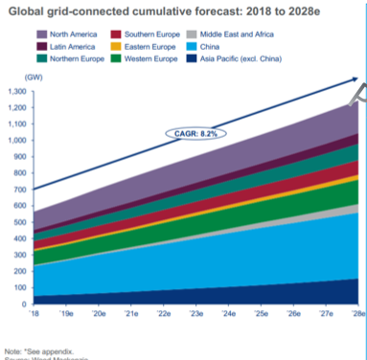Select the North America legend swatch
click(44, 34)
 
